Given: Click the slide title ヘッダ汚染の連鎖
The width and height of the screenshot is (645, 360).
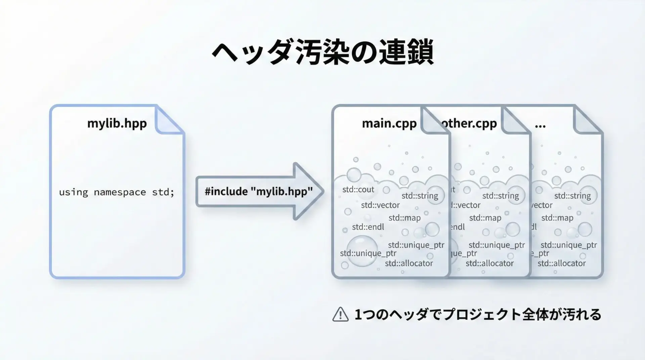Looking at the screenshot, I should click(x=322, y=53).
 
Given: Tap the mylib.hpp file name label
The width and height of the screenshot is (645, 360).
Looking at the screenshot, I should click(x=117, y=123).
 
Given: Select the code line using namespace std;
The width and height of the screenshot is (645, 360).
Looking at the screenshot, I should click(x=117, y=192).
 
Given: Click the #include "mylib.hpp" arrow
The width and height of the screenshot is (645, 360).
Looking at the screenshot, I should click(x=259, y=191).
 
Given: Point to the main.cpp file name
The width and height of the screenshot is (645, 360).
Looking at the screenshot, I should click(x=389, y=123).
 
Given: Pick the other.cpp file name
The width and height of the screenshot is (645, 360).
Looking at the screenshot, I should click(x=469, y=123).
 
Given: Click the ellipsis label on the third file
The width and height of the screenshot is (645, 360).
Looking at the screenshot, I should click(x=540, y=125).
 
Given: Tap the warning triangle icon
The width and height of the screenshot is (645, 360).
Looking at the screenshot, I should click(x=340, y=315).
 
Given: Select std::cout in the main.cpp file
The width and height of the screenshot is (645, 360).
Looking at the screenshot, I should click(x=358, y=189).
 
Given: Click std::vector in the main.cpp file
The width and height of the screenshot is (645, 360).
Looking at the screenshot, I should click(x=380, y=205).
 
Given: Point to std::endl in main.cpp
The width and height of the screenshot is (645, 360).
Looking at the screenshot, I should click(x=368, y=227).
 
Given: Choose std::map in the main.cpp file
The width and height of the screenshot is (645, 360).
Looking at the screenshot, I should click(x=404, y=218).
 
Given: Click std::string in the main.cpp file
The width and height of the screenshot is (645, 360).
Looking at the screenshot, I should click(x=420, y=195).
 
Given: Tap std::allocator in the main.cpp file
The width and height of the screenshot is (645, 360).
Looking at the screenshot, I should click(x=409, y=263).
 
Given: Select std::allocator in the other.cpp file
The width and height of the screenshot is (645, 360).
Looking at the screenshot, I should click(x=489, y=263).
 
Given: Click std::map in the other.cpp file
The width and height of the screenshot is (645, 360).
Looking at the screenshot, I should click(x=485, y=218).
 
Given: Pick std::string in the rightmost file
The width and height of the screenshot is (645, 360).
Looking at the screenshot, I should click(x=572, y=195).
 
